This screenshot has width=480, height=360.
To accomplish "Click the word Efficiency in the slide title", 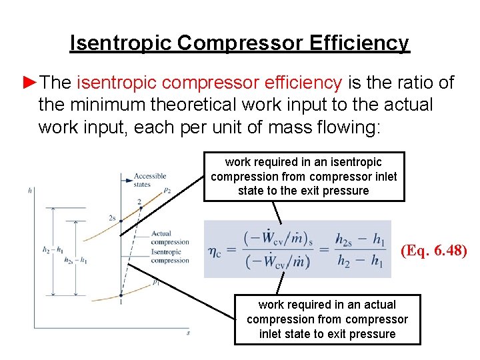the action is click(359, 43).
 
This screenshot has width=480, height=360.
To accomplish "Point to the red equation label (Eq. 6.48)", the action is click(433, 251).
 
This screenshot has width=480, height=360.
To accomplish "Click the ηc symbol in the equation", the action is click(215, 253).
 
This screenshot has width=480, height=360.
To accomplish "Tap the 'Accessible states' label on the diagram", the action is click(149, 180).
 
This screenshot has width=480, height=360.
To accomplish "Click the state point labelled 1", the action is click(121, 296).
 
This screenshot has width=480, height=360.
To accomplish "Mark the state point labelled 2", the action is click(140, 207).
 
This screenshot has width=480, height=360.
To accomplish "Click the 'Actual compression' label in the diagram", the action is click(170, 238).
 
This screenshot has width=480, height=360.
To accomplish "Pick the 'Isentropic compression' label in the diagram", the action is click(170, 257).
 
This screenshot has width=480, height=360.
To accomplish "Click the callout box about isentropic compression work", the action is click(303, 177).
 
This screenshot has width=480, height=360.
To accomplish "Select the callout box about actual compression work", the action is click(327, 319).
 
